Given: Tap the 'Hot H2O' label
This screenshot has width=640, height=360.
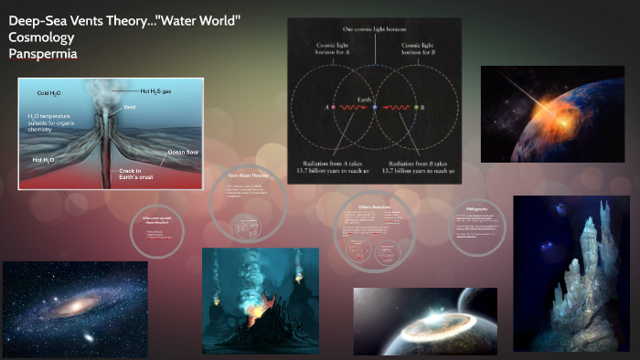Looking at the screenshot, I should click(x=46, y=160).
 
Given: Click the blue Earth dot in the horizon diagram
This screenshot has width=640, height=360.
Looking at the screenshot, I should click(x=374, y=108).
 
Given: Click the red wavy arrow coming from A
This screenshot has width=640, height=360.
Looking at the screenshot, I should click(x=352, y=108).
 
